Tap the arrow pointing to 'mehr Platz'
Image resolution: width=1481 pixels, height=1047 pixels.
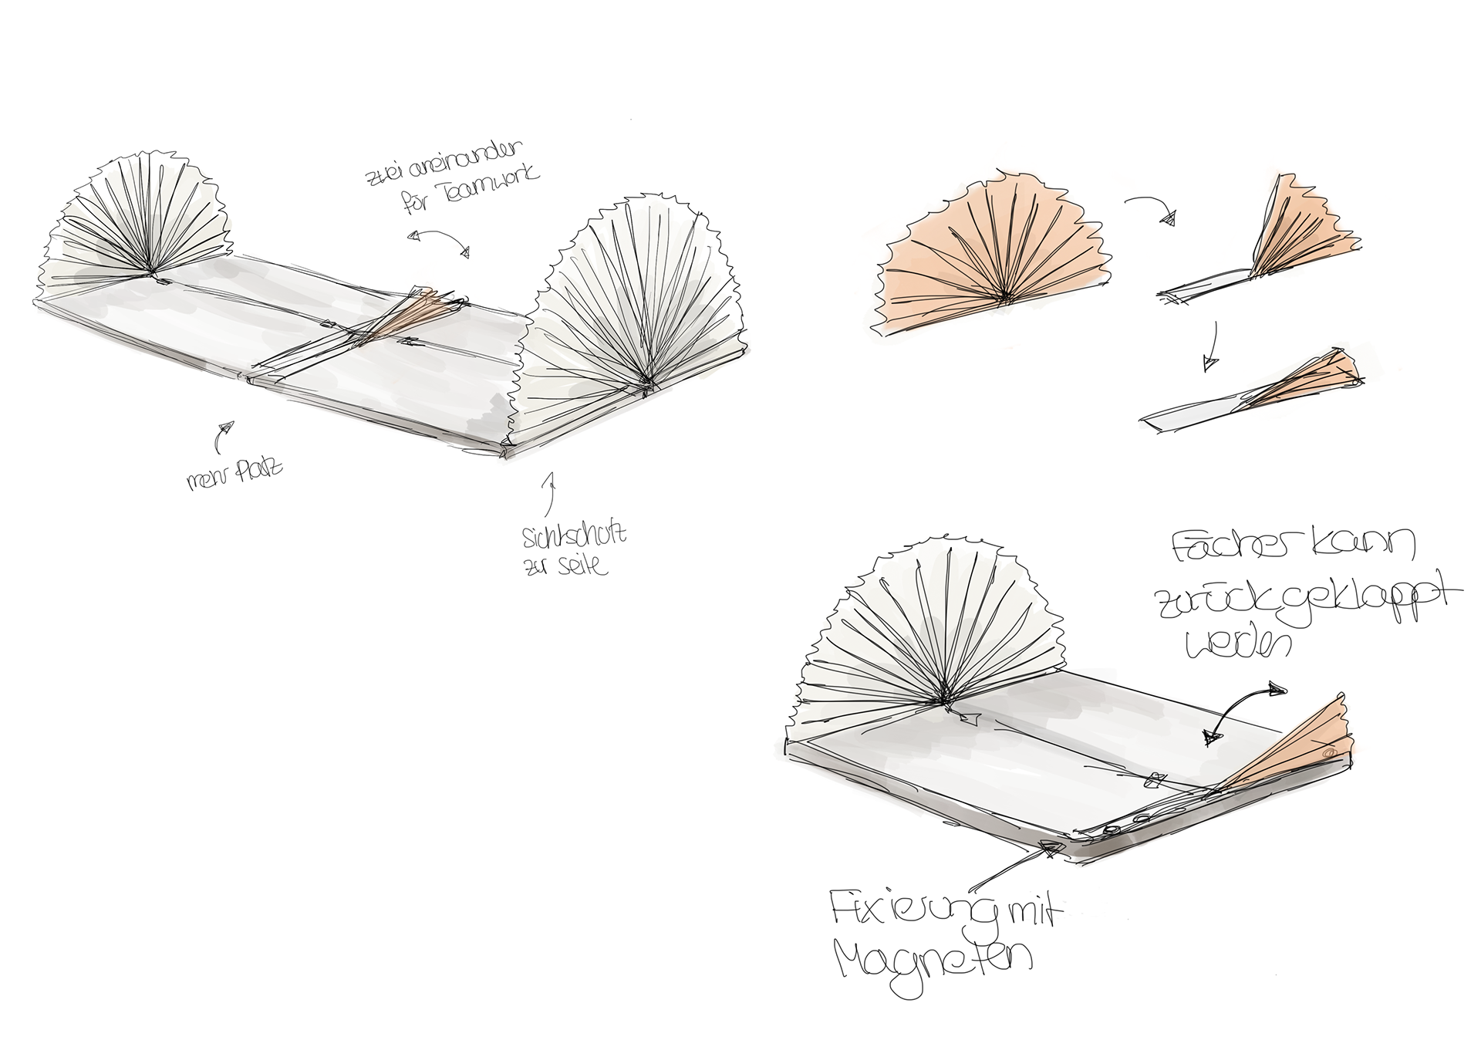pyautogui.click(x=221, y=435)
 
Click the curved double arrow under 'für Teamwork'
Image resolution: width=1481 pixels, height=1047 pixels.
pyautogui.click(x=440, y=241)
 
